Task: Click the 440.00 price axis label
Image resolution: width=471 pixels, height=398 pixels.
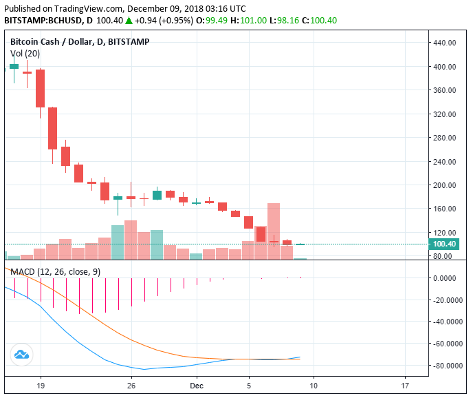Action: (x=446, y=43)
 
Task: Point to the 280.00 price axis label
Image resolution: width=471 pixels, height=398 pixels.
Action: (x=446, y=138)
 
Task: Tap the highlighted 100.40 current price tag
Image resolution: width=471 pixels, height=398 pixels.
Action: (x=445, y=244)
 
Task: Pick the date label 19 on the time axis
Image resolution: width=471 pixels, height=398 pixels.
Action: (x=41, y=386)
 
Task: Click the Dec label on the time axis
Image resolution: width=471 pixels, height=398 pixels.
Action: (x=197, y=386)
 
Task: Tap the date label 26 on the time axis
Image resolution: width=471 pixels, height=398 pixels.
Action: (x=131, y=386)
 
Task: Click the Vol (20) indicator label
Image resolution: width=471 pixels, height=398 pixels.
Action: (x=25, y=53)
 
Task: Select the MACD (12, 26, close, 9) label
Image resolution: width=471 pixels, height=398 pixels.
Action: (x=55, y=272)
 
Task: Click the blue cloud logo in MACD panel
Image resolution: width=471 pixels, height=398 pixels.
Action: (x=21, y=355)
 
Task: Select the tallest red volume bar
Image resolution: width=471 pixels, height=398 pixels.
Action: (x=274, y=231)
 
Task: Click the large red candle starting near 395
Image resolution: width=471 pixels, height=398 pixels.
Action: (x=41, y=88)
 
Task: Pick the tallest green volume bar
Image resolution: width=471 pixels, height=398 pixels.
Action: (x=118, y=242)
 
